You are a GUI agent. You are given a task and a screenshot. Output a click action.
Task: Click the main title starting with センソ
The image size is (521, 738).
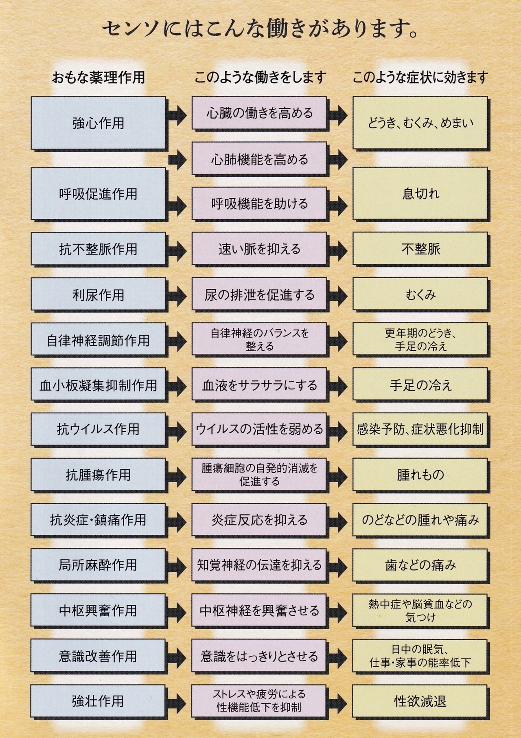pos(260,30)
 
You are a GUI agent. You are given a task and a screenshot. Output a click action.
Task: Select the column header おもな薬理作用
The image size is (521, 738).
pos(98,77)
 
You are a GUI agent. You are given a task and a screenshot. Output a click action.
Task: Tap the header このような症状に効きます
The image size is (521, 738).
pos(420,77)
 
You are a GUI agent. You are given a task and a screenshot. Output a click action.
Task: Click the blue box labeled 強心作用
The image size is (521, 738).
pos(99,123)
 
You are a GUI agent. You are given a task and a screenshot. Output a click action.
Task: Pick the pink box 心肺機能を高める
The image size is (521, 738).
pos(259,159)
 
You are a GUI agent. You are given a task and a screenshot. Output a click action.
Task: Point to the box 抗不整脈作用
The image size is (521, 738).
pos(99,249)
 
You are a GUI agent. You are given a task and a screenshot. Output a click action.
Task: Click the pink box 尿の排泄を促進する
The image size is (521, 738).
pos(259,294)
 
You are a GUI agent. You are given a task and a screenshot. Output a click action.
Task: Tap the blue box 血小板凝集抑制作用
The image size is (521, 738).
pos(99,385)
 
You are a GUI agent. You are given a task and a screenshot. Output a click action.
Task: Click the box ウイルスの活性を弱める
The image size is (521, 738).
pos(259,429)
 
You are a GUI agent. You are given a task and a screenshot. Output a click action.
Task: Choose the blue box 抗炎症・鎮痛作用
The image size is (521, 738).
pos(99,520)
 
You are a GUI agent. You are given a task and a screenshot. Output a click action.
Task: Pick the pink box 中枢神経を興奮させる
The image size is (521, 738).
pos(259,611)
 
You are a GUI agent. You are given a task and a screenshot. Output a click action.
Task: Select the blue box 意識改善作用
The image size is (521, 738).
pos(99,656)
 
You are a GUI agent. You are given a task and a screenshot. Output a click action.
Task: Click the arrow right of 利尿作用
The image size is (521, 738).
pos(177,295)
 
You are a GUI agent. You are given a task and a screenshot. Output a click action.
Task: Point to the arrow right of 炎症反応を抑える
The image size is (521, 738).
pos(338,521)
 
